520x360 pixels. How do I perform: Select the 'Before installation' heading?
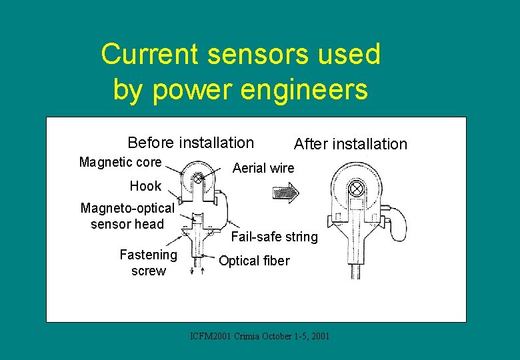tap(191, 143)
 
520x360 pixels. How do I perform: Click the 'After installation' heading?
tap(350, 144)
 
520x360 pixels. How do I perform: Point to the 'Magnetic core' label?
tap(120, 162)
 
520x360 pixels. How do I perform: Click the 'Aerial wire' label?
tap(263, 168)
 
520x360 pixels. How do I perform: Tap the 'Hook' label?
tap(145, 186)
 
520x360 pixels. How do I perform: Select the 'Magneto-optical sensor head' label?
tap(127, 215)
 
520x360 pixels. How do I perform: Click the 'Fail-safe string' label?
tap(274, 237)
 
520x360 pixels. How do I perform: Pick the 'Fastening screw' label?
tap(148, 263)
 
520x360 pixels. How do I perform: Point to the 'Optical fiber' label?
tap(254, 261)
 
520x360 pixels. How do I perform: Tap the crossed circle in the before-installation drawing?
tap(198, 178)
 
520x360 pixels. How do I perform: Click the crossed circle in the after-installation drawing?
tap(357, 189)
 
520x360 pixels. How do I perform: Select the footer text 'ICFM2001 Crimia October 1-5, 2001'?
tap(259, 336)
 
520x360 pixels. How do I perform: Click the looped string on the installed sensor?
tap(398, 223)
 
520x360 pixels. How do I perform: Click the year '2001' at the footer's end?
tap(320, 336)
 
